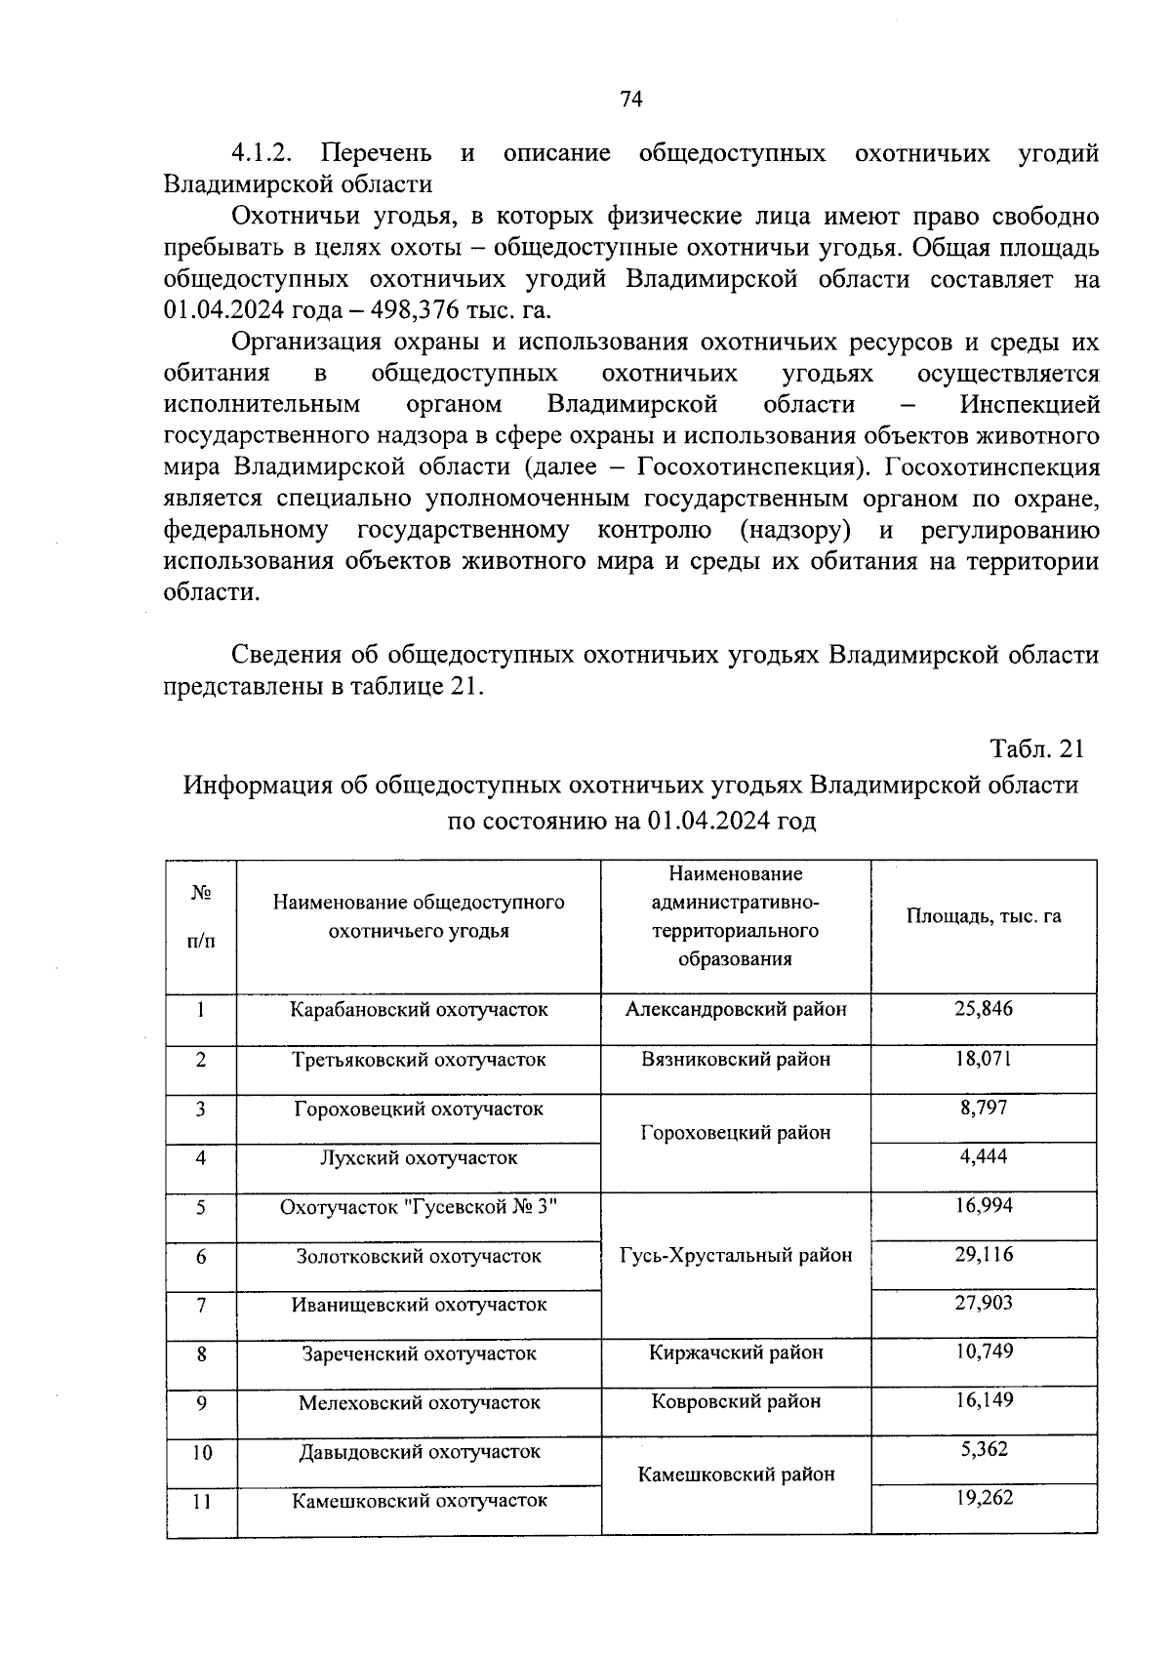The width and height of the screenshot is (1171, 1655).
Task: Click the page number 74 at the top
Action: (630, 100)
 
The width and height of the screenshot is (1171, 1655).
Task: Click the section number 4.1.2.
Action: (263, 154)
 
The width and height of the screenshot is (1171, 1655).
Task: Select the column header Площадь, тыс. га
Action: (984, 916)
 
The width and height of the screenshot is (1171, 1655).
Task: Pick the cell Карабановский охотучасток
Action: (419, 1010)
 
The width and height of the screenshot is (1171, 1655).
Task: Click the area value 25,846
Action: (984, 1009)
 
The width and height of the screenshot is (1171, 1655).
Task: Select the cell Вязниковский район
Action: (737, 1060)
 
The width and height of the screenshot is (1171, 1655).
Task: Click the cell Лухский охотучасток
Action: (419, 1158)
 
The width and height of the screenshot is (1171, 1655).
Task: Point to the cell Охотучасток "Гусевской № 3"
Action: (419, 1208)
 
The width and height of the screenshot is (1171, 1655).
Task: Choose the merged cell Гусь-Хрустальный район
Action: (737, 1256)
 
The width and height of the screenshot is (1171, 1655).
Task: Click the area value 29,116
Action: (984, 1255)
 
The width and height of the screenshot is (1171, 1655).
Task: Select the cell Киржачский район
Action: (737, 1353)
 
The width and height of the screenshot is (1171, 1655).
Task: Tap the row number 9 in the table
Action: (201, 1403)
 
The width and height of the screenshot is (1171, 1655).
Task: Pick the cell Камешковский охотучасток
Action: (419, 1501)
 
